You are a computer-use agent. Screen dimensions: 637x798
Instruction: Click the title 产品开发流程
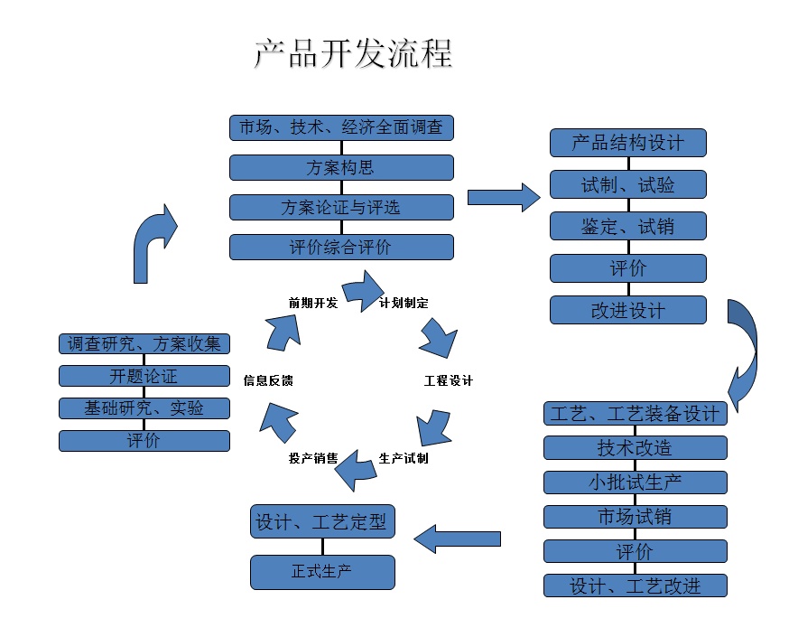pos(352,54)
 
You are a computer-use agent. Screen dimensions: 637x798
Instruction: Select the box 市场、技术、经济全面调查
pos(341,127)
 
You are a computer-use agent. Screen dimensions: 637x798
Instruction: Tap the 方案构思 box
pos(341,167)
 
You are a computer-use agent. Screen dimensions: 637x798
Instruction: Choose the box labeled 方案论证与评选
pos(341,207)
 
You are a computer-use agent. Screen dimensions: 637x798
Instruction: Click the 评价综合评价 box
pos(341,247)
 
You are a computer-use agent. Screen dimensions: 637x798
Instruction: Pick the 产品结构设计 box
pos(628,143)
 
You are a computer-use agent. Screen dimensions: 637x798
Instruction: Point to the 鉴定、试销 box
pos(628,226)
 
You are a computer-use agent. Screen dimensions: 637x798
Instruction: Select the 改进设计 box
pos(628,310)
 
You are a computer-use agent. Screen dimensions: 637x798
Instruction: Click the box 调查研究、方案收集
pos(144,343)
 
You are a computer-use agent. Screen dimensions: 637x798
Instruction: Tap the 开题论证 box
pos(144,376)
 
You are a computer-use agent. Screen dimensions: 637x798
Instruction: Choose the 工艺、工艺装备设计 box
pos(636,414)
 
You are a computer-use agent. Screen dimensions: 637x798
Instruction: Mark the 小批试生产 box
pos(636,482)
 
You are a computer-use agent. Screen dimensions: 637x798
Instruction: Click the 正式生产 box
pos(322,572)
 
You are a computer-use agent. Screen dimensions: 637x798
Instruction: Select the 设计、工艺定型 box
pos(322,521)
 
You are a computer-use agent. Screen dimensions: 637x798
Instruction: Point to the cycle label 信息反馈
pos(268,380)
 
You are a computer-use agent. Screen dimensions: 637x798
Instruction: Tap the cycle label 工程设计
pos(449,380)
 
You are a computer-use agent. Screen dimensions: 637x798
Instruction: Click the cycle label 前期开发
pos(313,303)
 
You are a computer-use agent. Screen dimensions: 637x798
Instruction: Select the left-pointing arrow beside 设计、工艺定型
pos(457,539)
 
